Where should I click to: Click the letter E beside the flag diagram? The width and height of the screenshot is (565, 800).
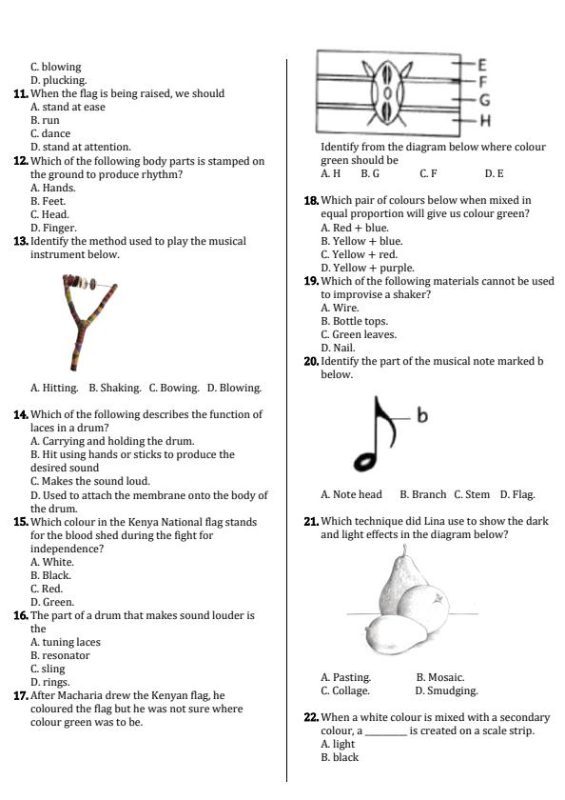482,65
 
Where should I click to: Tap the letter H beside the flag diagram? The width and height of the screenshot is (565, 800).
484,120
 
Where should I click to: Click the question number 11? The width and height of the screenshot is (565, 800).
20,94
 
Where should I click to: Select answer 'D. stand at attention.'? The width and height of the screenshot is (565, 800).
81,148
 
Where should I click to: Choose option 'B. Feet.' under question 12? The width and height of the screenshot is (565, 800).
49,201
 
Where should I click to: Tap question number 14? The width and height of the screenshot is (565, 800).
20,415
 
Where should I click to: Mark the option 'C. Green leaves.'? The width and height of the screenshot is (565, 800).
359,334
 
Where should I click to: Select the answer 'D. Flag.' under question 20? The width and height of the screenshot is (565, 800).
517,494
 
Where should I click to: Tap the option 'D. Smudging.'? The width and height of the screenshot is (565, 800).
446,690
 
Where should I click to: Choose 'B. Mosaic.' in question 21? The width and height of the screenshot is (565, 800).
439,677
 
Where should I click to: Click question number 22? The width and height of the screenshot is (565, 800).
311,717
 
